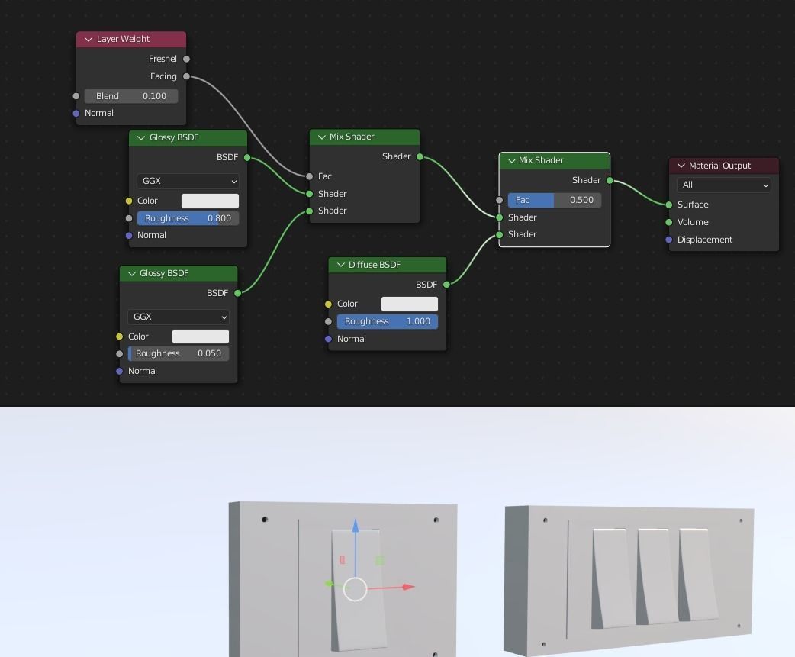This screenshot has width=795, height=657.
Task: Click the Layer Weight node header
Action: (x=130, y=39)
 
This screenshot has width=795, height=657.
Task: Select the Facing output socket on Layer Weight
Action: (x=186, y=76)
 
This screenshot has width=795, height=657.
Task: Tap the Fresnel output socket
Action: (x=186, y=59)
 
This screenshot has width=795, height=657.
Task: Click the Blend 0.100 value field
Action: (x=131, y=96)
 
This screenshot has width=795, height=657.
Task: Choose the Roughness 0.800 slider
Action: (x=188, y=218)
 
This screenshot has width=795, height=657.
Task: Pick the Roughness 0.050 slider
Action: (x=179, y=353)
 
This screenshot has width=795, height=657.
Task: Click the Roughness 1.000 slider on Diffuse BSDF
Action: (x=388, y=321)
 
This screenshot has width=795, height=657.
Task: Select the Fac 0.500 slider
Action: (x=555, y=200)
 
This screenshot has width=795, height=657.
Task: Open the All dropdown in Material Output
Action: (x=723, y=185)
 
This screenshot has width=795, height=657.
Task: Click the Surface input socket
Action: (x=669, y=205)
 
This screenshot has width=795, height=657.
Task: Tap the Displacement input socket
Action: (x=669, y=240)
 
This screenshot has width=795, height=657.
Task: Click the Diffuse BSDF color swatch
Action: (x=410, y=304)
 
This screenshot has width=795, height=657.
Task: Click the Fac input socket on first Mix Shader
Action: (x=309, y=176)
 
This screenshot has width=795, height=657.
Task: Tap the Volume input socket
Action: (x=669, y=222)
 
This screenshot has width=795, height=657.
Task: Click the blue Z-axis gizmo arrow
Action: (x=356, y=526)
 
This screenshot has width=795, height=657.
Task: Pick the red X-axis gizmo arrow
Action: (x=408, y=587)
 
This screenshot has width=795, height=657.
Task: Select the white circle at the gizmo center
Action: (x=356, y=589)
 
